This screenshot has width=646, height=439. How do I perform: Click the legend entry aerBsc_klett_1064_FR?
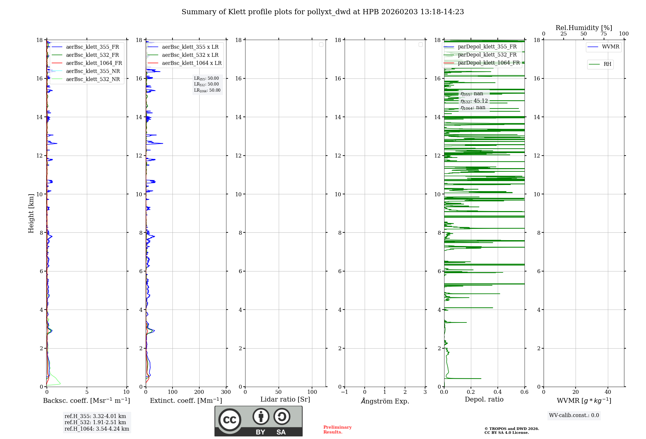click(94, 63)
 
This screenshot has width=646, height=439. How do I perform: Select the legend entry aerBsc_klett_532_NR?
click(93, 79)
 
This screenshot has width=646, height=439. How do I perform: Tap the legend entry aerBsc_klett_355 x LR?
click(190, 47)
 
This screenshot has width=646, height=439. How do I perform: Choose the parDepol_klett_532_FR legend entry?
click(487, 55)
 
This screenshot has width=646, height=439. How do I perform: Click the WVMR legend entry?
click(610, 47)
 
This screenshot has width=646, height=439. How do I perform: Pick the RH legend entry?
click(607, 64)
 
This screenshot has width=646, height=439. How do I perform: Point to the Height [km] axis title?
click(31, 213)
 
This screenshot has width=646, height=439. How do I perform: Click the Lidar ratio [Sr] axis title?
click(285, 400)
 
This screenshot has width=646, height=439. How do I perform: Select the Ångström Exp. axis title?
click(385, 401)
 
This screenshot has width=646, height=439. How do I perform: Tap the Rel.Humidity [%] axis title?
click(584, 28)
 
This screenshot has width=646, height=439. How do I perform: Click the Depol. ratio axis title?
click(484, 400)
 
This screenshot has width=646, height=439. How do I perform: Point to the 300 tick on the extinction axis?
click(226, 392)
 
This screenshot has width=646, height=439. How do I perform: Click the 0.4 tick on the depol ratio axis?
click(497, 392)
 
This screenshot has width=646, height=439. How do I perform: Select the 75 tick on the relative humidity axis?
click(603, 34)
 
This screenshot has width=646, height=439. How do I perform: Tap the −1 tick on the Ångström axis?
click(344, 392)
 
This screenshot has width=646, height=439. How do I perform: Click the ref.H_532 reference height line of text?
click(95, 423)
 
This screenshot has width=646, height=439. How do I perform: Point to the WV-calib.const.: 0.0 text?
click(574, 415)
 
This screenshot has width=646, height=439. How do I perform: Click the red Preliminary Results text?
click(337, 430)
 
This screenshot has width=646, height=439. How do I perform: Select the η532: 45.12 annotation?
click(474, 101)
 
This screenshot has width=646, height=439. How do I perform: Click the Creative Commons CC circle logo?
click(230, 420)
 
